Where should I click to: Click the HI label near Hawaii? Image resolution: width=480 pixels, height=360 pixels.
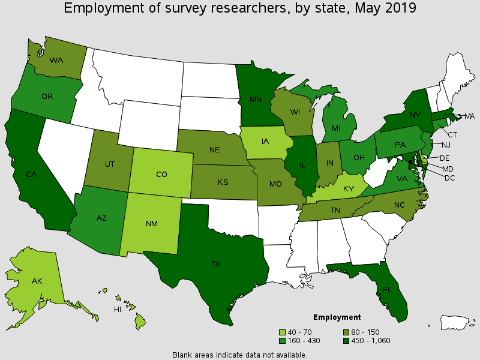118,310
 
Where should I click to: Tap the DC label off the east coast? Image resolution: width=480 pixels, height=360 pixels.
451,178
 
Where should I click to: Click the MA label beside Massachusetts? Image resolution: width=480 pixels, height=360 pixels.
469,116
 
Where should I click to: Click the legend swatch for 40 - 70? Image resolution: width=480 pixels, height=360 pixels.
282,332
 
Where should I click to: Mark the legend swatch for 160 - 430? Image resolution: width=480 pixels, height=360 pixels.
282,341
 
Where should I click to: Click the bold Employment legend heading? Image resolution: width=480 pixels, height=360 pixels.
337,317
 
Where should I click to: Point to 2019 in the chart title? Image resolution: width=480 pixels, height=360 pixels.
400,8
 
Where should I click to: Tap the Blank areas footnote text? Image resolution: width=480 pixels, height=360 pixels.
239,355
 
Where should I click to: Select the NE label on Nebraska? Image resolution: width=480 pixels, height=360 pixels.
214,151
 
